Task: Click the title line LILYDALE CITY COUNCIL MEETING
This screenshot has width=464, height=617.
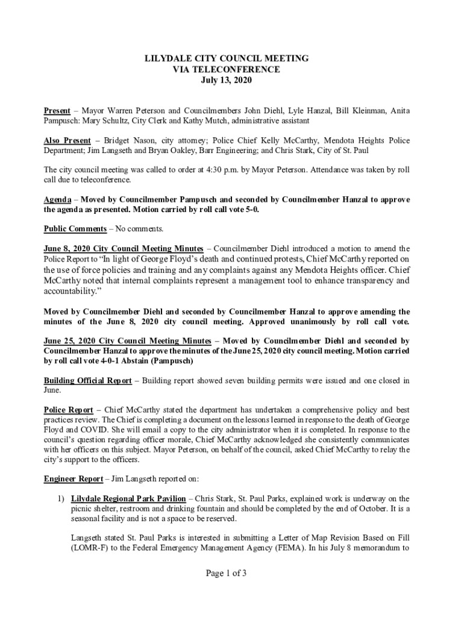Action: [227, 58]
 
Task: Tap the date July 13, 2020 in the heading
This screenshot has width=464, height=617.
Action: [227, 80]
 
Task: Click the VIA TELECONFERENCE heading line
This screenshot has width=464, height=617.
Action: [227, 69]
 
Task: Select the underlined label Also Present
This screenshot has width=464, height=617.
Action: [67, 141]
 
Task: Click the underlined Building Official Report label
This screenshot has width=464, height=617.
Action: [87, 381]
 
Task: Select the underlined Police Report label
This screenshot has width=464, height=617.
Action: [68, 410]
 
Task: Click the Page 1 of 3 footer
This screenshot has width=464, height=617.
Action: [227, 574]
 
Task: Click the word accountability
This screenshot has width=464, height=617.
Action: [69, 292]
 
